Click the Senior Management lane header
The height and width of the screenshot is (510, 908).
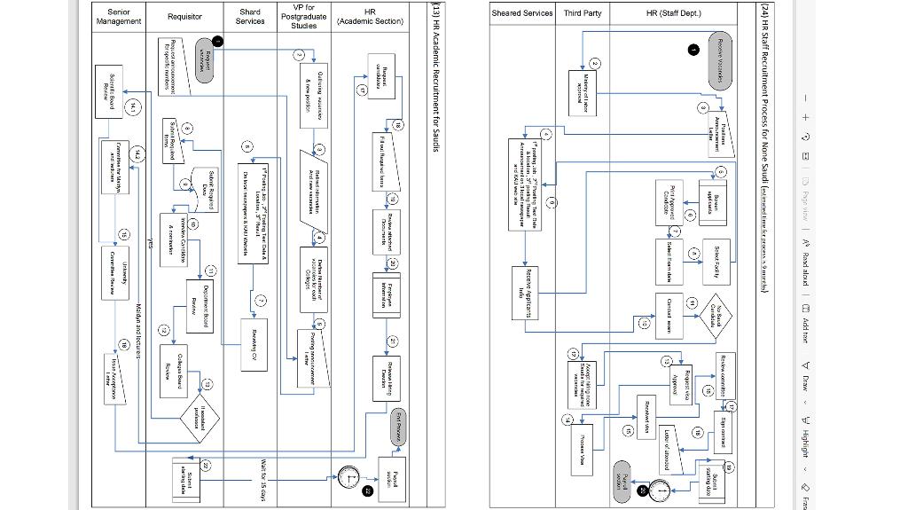pos(118,17)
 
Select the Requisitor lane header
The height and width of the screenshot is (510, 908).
pos(184,17)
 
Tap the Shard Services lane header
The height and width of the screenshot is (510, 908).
pos(250,17)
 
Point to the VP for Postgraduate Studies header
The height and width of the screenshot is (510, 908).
pos(303,17)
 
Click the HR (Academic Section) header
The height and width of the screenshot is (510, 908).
pos(371,17)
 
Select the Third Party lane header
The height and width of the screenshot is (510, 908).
pos(583,13)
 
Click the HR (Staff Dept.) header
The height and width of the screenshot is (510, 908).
pos(674,13)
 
